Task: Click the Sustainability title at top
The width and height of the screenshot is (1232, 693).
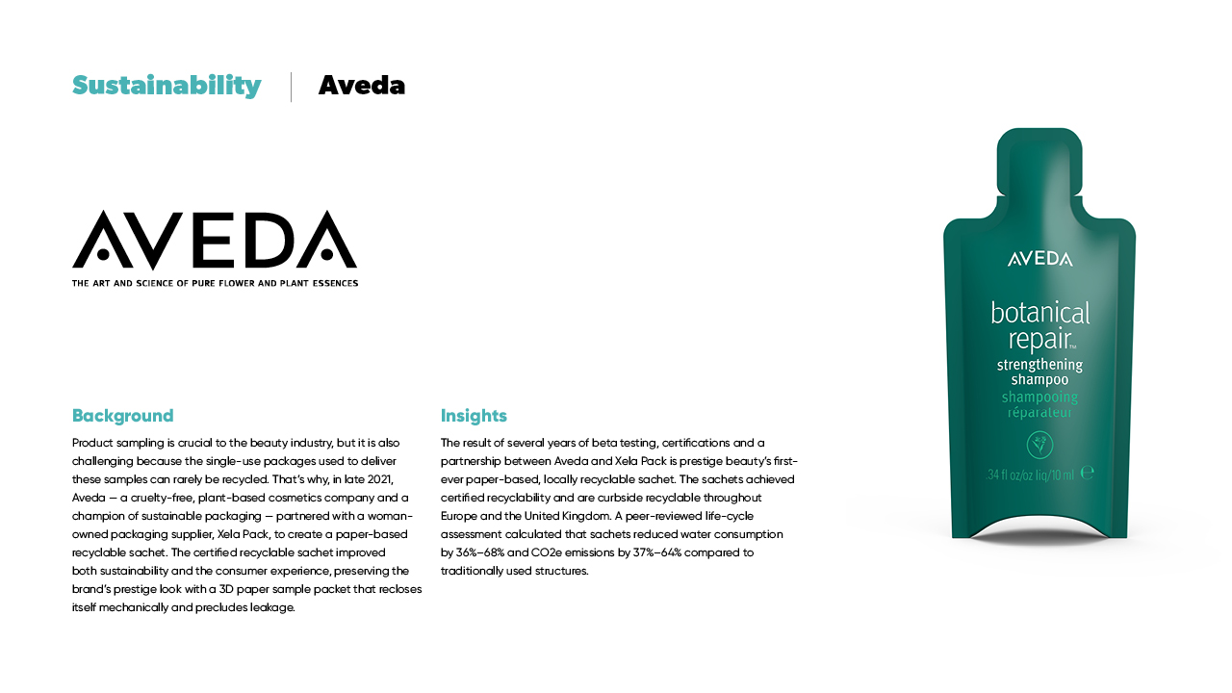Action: [x=167, y=86]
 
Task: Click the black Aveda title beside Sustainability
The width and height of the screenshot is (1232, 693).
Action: [x=362, y=86]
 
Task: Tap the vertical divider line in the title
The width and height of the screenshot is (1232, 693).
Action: [x=291, y=87]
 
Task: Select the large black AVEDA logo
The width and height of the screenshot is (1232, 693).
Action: [x=215, y=240]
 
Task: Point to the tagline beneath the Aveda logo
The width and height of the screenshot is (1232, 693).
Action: [x=215, y=283]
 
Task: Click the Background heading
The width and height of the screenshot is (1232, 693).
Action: [x=123, y=416]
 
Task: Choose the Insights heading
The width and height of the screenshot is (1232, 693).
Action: [x=474, y=416]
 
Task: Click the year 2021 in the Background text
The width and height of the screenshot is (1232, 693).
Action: [x=380, y=479]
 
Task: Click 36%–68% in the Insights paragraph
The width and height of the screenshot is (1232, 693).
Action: [x=477, y=552]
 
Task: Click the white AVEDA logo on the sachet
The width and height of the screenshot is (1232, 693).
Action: [x=1039, y=259]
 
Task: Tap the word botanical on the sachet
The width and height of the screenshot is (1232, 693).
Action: [x=1040, y=313]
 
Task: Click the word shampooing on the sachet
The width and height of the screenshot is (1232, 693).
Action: [x=1039, y=397]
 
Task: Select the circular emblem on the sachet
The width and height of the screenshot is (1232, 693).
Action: [x=1039, y=445]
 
